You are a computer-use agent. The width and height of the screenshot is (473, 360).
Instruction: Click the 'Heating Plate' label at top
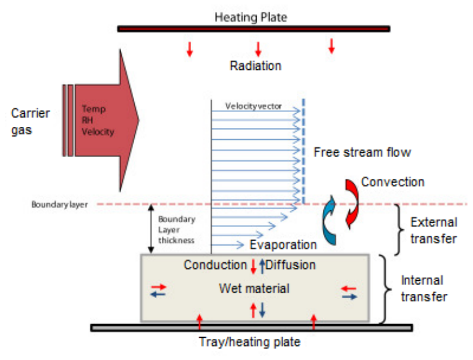pos(250,17)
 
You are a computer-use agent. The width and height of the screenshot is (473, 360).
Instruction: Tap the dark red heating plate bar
pos(254,29)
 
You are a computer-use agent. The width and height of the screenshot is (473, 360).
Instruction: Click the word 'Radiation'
pos(255,66)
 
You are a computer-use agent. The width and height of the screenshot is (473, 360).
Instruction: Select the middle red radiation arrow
pos(258,49)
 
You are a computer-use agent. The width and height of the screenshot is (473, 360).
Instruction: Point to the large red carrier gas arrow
pos(100,120)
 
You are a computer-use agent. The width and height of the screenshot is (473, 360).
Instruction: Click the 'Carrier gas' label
pos(30,122)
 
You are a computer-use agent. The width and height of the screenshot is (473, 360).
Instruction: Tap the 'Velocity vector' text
pos(254,106)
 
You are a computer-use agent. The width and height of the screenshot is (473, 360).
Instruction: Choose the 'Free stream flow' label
pos(362,152)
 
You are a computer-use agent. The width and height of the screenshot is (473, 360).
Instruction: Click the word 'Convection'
pos(393,182)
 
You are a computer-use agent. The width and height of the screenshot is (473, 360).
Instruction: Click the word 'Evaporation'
pos(283,245)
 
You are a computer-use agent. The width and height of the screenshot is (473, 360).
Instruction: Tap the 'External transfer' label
pos(434,231)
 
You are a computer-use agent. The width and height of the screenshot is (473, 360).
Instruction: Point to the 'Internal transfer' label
pos(424,288)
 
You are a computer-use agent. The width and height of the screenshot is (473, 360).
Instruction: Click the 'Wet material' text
pos(254,288)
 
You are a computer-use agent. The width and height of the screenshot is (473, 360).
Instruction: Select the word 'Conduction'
pos(215,265)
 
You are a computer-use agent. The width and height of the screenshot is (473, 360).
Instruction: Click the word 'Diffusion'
pos(291,265)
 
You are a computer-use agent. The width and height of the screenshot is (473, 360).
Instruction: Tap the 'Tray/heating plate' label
pos(250,342)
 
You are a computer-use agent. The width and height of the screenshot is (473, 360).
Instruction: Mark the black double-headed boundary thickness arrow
pos(151,228)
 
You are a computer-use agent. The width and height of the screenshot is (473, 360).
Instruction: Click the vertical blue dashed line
pos(303,152)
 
